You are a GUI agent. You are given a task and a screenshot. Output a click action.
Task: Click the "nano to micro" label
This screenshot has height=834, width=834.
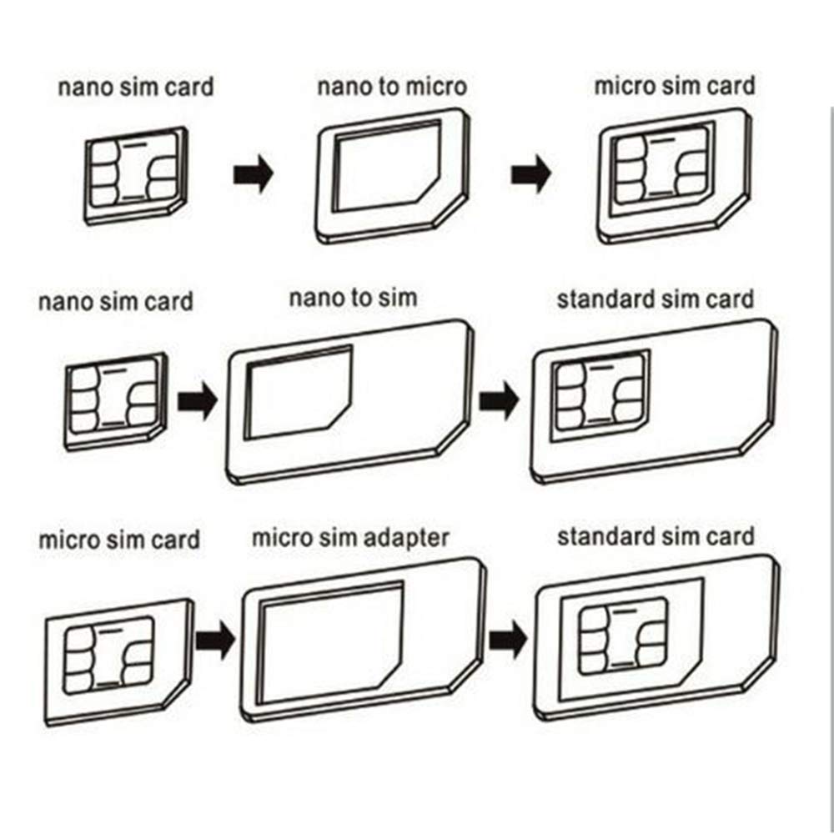[391, 88]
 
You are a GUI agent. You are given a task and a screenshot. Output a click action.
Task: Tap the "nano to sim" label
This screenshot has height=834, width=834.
[352, 298]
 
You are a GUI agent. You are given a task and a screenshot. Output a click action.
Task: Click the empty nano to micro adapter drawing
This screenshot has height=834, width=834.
[391, 175]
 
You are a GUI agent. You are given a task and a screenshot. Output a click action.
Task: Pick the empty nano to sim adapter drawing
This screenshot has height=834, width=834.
[350, 400]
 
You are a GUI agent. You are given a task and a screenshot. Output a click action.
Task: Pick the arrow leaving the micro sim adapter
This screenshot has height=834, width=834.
[507, 640]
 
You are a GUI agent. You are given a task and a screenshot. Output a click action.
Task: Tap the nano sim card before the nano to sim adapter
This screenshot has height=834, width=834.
[115, 399]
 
